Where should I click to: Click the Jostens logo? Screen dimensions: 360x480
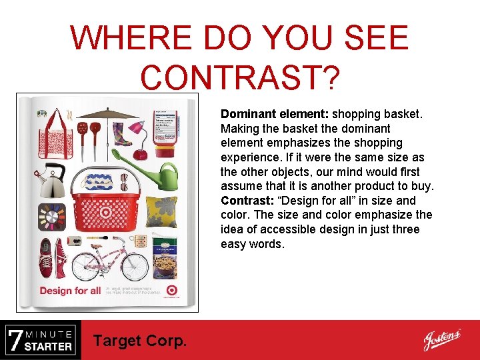441,339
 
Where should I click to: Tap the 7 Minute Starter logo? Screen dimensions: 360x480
40,340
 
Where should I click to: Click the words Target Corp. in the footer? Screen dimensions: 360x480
140,341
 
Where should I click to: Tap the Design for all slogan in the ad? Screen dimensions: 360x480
70,291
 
